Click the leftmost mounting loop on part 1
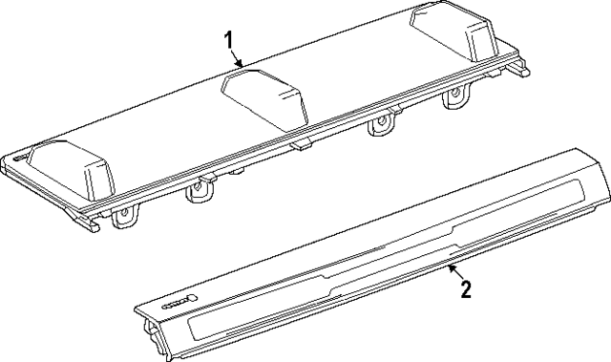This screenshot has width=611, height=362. pyautogui.click(x=124, y=219)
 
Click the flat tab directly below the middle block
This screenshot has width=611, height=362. pyautogui.click(x=301, y=144)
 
